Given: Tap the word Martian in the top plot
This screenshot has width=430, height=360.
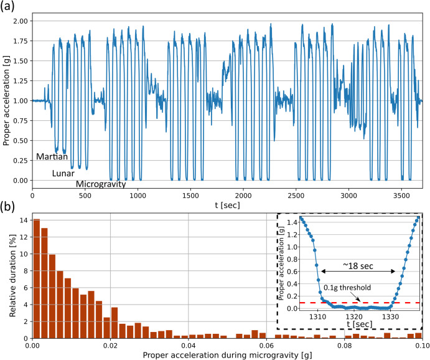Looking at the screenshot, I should pos(52,157).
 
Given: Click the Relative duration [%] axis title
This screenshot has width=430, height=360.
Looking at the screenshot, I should pos(7,277).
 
